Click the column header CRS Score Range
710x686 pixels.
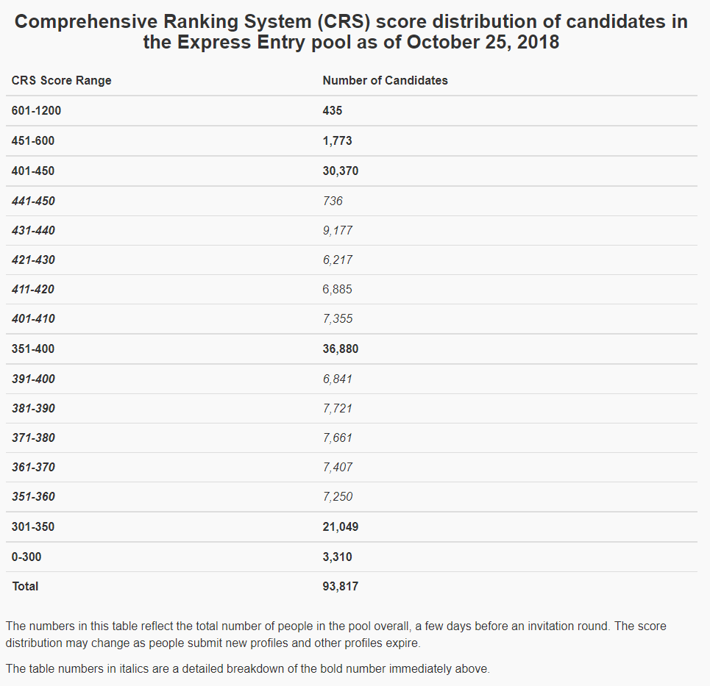pos(62,80)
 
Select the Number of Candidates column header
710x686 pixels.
pos(385,80)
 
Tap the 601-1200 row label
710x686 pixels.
pos(37,111)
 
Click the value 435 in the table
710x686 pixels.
pos(333,111)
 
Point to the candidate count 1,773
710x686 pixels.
pos(338,141)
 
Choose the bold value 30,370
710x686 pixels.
pos(341,171)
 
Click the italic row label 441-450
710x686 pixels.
pos(33,201)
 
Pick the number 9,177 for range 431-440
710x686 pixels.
pos(338,230)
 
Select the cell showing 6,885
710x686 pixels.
pos(338,289)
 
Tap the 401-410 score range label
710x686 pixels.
pos(33,318)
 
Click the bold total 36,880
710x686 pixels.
pos(341,349)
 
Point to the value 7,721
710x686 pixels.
pos(338,408)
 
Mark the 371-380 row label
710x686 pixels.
pos(33,437)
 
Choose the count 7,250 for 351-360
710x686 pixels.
pos(338,496)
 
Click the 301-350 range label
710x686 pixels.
pos(33,526)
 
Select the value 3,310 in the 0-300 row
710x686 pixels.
pos(338,557)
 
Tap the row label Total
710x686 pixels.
pos(25,586)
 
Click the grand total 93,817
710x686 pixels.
pos(341,586)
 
